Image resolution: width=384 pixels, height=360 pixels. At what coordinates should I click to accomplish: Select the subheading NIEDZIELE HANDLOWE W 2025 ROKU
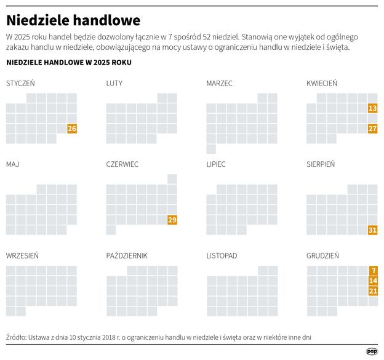[x=68, y=63]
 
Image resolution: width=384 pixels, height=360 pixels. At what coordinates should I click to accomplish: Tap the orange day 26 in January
[x=72, y=129]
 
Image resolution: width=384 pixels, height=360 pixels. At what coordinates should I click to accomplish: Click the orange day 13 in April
[x=372, y=108]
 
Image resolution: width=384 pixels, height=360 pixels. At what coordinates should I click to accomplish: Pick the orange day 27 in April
[x=372, y=129]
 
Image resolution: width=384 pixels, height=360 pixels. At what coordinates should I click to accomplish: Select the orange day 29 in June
[x=172, y=220]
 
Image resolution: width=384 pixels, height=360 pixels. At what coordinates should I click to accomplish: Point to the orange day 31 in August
[x=372, y=230]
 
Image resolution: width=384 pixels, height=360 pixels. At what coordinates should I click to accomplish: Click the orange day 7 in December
[x=373, y=270]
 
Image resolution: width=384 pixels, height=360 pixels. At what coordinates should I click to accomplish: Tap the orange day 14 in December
[x=372, y=281]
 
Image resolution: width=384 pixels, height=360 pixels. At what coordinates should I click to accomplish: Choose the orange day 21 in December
[x=372, y=290]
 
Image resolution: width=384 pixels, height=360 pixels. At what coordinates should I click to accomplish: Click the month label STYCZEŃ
[x=20, y=83]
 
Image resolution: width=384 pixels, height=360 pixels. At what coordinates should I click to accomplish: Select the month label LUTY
[x=114, y=83]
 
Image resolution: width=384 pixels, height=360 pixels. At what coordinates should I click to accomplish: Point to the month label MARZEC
[x=220, y=83]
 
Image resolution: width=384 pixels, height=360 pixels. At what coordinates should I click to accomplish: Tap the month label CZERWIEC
[x=122, y=164]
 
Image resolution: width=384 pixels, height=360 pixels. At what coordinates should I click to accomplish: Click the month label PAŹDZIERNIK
[x=127, y=255]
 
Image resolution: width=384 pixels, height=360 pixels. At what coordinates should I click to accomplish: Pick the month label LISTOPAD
[x=222, y=255]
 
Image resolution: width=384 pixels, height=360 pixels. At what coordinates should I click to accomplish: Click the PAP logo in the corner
[x=372, y=351]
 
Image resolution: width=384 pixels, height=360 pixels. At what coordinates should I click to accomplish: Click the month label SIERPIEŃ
[x=321, y=164]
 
